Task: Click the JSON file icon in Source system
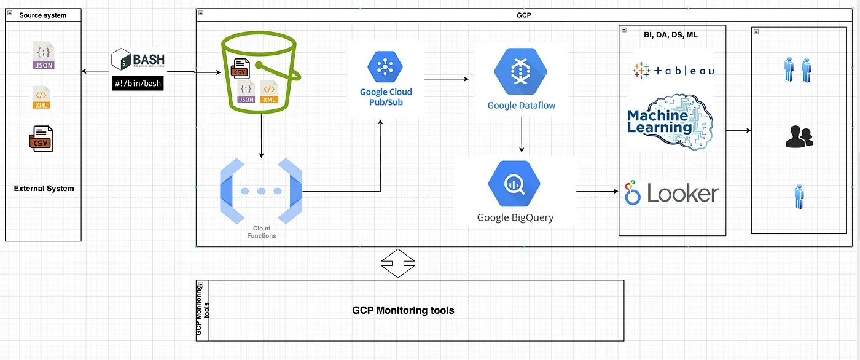coord(44,55)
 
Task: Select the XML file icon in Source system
coord(41,97)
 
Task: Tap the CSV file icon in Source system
coord(41,139)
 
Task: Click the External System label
coord(44,189)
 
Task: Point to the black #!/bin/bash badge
coord(138,84)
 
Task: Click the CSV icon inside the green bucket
coord(240,69)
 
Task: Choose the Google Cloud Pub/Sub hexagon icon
coord(385,67)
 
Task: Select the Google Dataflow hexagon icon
coord(521,71)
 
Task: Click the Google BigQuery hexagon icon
coord(514,184)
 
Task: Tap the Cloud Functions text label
coord(262,232)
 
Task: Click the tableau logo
coord(673,71)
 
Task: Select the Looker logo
coord(672,193)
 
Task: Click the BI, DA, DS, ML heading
coord(671,35)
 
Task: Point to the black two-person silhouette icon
coord(799,136)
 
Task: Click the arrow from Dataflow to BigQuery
coord(522,135)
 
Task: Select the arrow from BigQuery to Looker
coord(597,191)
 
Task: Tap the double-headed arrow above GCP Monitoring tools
coord(398,264)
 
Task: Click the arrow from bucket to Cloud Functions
coord(262,136)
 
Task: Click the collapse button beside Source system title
coord(10,13)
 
